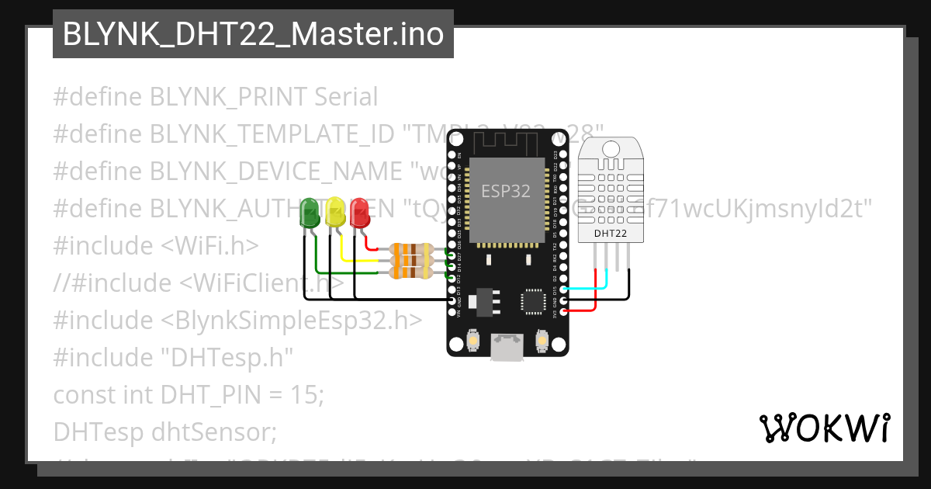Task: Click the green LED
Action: pos(310,213)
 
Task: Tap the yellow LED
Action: pos(335,212)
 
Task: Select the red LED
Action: pos(359,212)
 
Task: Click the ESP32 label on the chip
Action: pos(506,191)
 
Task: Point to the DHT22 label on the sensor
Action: pos(611,232)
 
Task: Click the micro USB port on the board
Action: pos(507,348)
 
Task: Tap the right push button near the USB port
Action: pos(542,339)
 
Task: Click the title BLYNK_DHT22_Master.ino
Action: pos(253,34)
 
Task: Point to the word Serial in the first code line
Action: pos(346,97)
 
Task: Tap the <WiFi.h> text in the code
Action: pos(209,246)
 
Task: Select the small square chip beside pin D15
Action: pos(535,300)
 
